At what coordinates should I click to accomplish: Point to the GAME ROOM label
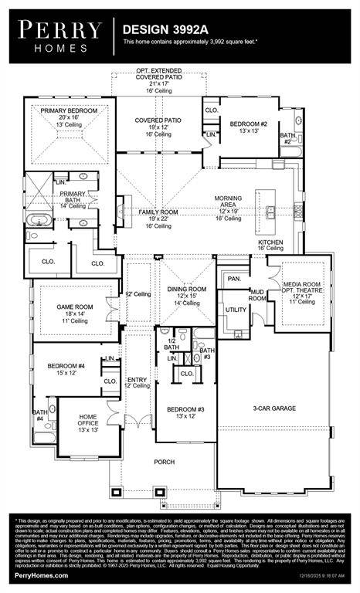pyautogui.click(x=75, y=307)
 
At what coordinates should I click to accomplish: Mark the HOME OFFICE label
pyautogui.click(x=88, y=420)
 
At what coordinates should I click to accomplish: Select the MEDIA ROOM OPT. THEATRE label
pyautogui.click(x=301, y=289)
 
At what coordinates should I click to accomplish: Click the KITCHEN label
pyautogui.click(x=270, y=242)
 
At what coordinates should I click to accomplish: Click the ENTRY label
pyautogui.click(x=137, y=379)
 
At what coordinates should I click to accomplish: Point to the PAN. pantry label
pyautogui.click(x=233, y=278)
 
